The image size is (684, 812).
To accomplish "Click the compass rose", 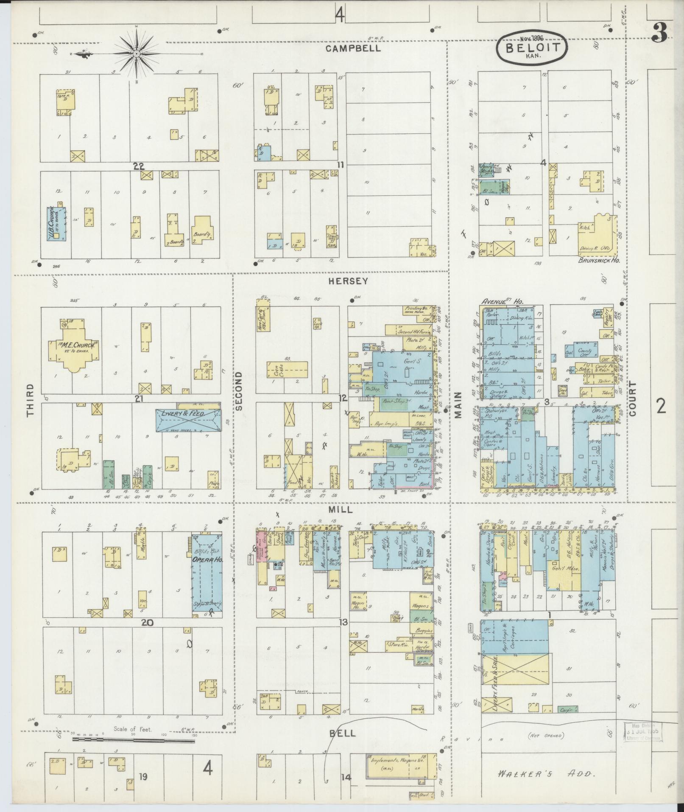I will tap(137, 54).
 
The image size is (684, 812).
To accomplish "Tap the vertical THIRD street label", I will tap(30, 400).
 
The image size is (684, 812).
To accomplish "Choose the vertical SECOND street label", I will tap(238, 391).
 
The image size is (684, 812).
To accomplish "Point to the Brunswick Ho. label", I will tap(599, 260).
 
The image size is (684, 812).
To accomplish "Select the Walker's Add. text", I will tap(547, 774).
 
